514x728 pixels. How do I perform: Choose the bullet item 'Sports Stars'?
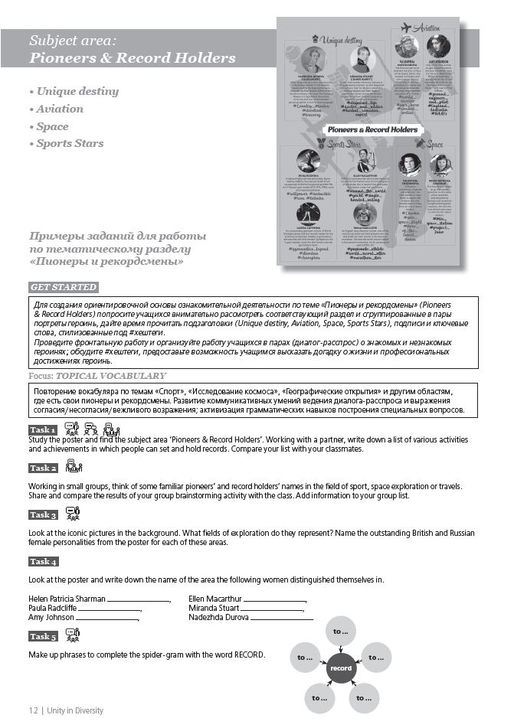point(70,143)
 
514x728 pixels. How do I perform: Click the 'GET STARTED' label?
point(64,287)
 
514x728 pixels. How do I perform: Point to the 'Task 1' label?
point(43,429)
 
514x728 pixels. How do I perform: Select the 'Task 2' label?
point(43,468)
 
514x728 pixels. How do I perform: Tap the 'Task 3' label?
point(43,515)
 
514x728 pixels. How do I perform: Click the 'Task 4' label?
point(43,561)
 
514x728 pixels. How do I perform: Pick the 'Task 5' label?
point(43,636)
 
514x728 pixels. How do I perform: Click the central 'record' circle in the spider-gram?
point(341,668)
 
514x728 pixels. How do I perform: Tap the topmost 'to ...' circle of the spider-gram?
point(341,632)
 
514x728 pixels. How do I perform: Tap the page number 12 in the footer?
point(34,710)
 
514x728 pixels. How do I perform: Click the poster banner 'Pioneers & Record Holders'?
point(372,129)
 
